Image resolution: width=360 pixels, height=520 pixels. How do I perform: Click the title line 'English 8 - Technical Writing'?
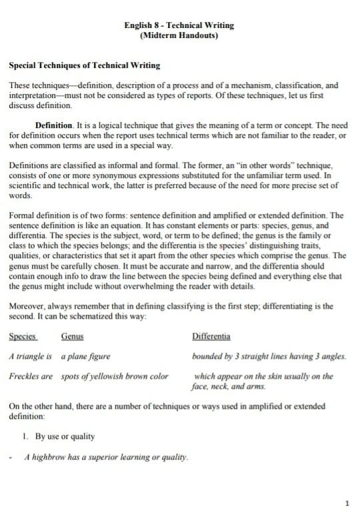[x=179, y=25]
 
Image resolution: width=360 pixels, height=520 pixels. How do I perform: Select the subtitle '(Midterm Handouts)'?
[x=179, y=35]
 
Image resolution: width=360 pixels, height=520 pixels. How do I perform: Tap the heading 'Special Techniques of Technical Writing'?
[x=83, y=67]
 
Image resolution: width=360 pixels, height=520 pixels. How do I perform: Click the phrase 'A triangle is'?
[x=31, y=357]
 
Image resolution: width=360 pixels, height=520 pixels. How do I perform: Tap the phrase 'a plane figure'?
[x=86, y=357]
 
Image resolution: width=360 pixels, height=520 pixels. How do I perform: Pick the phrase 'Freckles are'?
[x=31, y=377]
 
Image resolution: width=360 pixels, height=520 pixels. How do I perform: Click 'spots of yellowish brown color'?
[x=115, y=377]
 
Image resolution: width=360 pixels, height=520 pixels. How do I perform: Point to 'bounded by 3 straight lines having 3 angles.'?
[x=269, y=357]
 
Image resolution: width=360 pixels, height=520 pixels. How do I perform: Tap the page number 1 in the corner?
[x=347, y=502]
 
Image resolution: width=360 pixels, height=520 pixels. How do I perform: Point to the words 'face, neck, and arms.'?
[x=228, y=387]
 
